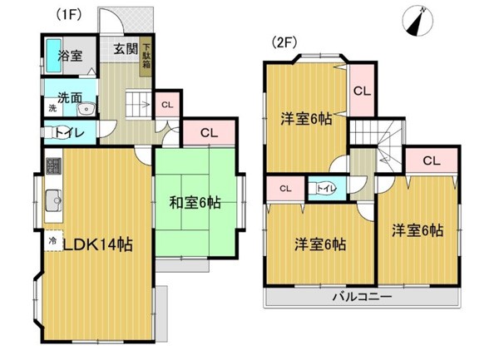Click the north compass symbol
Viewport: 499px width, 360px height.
tap(417, 21)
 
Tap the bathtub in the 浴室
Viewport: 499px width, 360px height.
tap(54, 56)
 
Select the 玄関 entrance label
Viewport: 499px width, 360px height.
tap(126, 49)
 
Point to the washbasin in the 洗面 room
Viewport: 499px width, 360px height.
tap(86, 109)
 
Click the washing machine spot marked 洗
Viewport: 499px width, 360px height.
tap(53, 108)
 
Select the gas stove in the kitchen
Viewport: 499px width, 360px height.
tap(54, 166)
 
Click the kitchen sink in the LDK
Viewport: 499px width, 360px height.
tap(54, 200)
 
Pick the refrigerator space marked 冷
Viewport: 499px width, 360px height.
tap(53, 240)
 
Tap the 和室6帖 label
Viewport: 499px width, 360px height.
tap(195, 203)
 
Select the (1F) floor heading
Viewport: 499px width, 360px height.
tap(69, 14)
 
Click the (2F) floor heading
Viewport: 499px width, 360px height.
tap(284, 42)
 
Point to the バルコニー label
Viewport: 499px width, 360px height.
tap(362, 298)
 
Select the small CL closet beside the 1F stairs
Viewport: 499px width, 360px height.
tap(167, 104)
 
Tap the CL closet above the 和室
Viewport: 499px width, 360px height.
tap(209, 133)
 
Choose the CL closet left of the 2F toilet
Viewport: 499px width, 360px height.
tap(285, 189)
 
